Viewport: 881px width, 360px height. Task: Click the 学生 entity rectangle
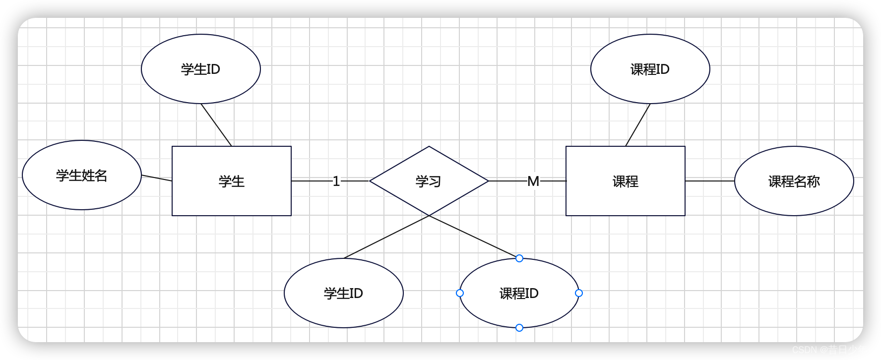pos(231,181)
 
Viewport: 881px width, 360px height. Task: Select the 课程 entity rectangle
pos(625,181)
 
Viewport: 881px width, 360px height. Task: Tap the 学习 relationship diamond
pos(429,181)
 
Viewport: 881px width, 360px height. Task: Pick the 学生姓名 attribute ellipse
pos(82,175)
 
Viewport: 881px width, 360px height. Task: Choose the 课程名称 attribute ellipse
pos(794,181)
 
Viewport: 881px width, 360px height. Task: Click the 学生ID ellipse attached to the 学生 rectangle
pos(200,69)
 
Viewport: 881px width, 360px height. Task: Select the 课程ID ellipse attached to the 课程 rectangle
pos(650,69)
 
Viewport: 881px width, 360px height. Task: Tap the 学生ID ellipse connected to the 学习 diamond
pos(343,293)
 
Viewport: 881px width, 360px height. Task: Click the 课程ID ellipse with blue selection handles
pos(519,293)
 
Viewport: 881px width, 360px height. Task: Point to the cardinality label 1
pos(336,181)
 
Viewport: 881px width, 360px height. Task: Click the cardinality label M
pos(533,181)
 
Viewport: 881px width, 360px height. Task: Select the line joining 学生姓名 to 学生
pos(157,178)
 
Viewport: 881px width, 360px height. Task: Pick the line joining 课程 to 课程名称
pos(709,181)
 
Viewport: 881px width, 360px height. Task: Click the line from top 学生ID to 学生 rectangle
pos(216,125)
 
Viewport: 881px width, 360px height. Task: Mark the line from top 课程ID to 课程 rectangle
pos(638,125)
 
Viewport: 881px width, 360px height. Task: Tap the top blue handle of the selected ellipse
pos(519,258)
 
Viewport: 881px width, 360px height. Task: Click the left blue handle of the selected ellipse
pos(460,293)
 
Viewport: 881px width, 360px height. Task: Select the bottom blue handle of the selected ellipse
pos(519,328)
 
